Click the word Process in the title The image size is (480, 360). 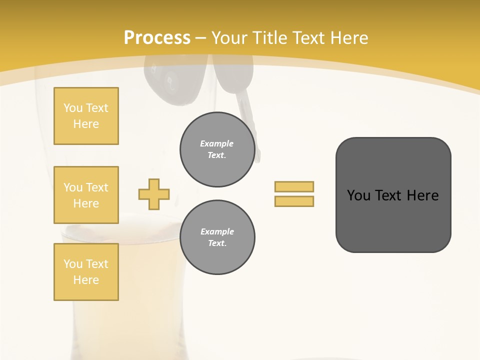[157, 37]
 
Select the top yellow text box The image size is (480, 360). [86, 116]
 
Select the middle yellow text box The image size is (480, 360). [86, 195]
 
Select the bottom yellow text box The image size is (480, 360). [86, 272]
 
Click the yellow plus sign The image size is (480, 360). [154, 194]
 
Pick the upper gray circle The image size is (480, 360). [217, 149]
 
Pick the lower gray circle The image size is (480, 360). [217, 237]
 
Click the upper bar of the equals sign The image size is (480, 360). [294, 186]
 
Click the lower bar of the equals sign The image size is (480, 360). [294, 201]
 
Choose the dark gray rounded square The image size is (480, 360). [393, 195]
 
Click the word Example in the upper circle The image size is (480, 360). [217, 143]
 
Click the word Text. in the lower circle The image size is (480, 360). [217, 243]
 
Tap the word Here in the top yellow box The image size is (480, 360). [86, 124]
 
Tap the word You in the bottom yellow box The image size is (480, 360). [73, 264]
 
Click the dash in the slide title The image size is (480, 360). [201, 38]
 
